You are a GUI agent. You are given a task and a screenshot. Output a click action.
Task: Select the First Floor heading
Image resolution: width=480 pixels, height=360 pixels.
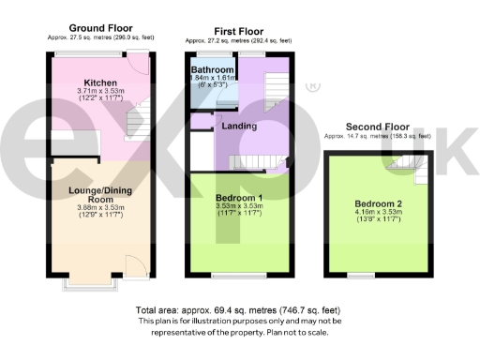238,31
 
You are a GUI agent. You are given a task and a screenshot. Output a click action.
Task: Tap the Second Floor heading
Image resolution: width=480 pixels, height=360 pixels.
378,127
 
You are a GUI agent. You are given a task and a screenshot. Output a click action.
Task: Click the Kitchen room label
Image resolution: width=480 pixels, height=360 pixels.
99,82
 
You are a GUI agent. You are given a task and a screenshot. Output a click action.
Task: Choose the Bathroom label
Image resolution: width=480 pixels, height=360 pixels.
212,70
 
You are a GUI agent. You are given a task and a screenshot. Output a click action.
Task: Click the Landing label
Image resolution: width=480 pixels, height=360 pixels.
239,125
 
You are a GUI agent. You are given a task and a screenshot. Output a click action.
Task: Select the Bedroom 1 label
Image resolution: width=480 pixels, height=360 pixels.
238,197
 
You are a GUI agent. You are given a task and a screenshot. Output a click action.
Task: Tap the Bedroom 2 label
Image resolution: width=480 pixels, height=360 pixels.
378,204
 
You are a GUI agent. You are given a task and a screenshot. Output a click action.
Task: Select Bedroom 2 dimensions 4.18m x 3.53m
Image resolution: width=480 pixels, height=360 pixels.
378,214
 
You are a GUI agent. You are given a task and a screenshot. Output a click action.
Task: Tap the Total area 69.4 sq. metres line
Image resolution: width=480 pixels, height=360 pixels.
240,309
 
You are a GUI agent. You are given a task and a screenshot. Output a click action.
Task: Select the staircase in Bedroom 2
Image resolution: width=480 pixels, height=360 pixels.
412,169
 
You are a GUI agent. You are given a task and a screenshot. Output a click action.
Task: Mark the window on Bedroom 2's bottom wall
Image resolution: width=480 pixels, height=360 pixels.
354,274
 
